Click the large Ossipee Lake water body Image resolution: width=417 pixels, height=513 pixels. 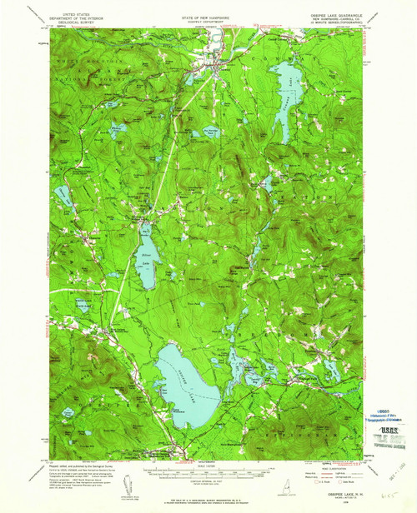point(188,371)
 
